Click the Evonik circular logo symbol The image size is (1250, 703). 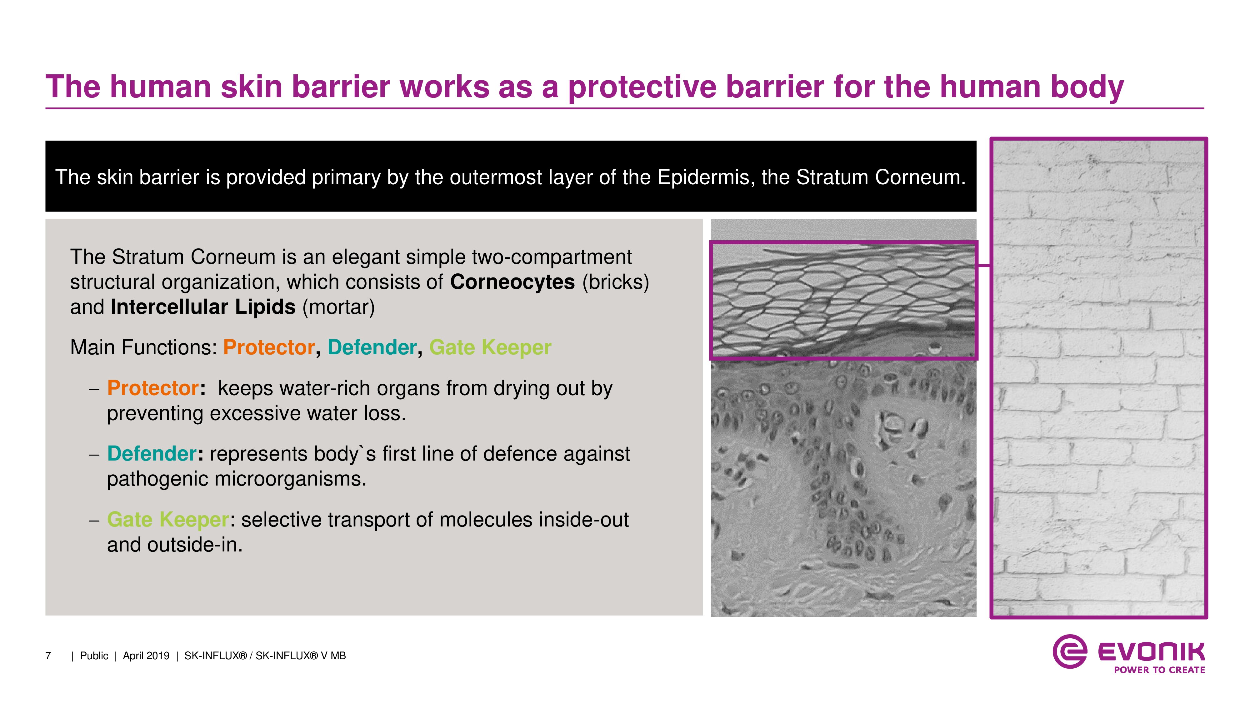point(1069,651)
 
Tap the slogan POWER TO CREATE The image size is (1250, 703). point(1159,670)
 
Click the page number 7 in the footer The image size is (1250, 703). point(48,656)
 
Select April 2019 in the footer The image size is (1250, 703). point(146,656)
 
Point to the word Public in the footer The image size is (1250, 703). point(94,656)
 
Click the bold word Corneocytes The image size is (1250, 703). point(512,282)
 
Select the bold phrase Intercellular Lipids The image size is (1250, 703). point(203,307)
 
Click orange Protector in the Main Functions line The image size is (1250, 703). point(269,347)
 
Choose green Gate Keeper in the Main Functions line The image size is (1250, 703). point(490,348)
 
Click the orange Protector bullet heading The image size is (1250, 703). point(153,388)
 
